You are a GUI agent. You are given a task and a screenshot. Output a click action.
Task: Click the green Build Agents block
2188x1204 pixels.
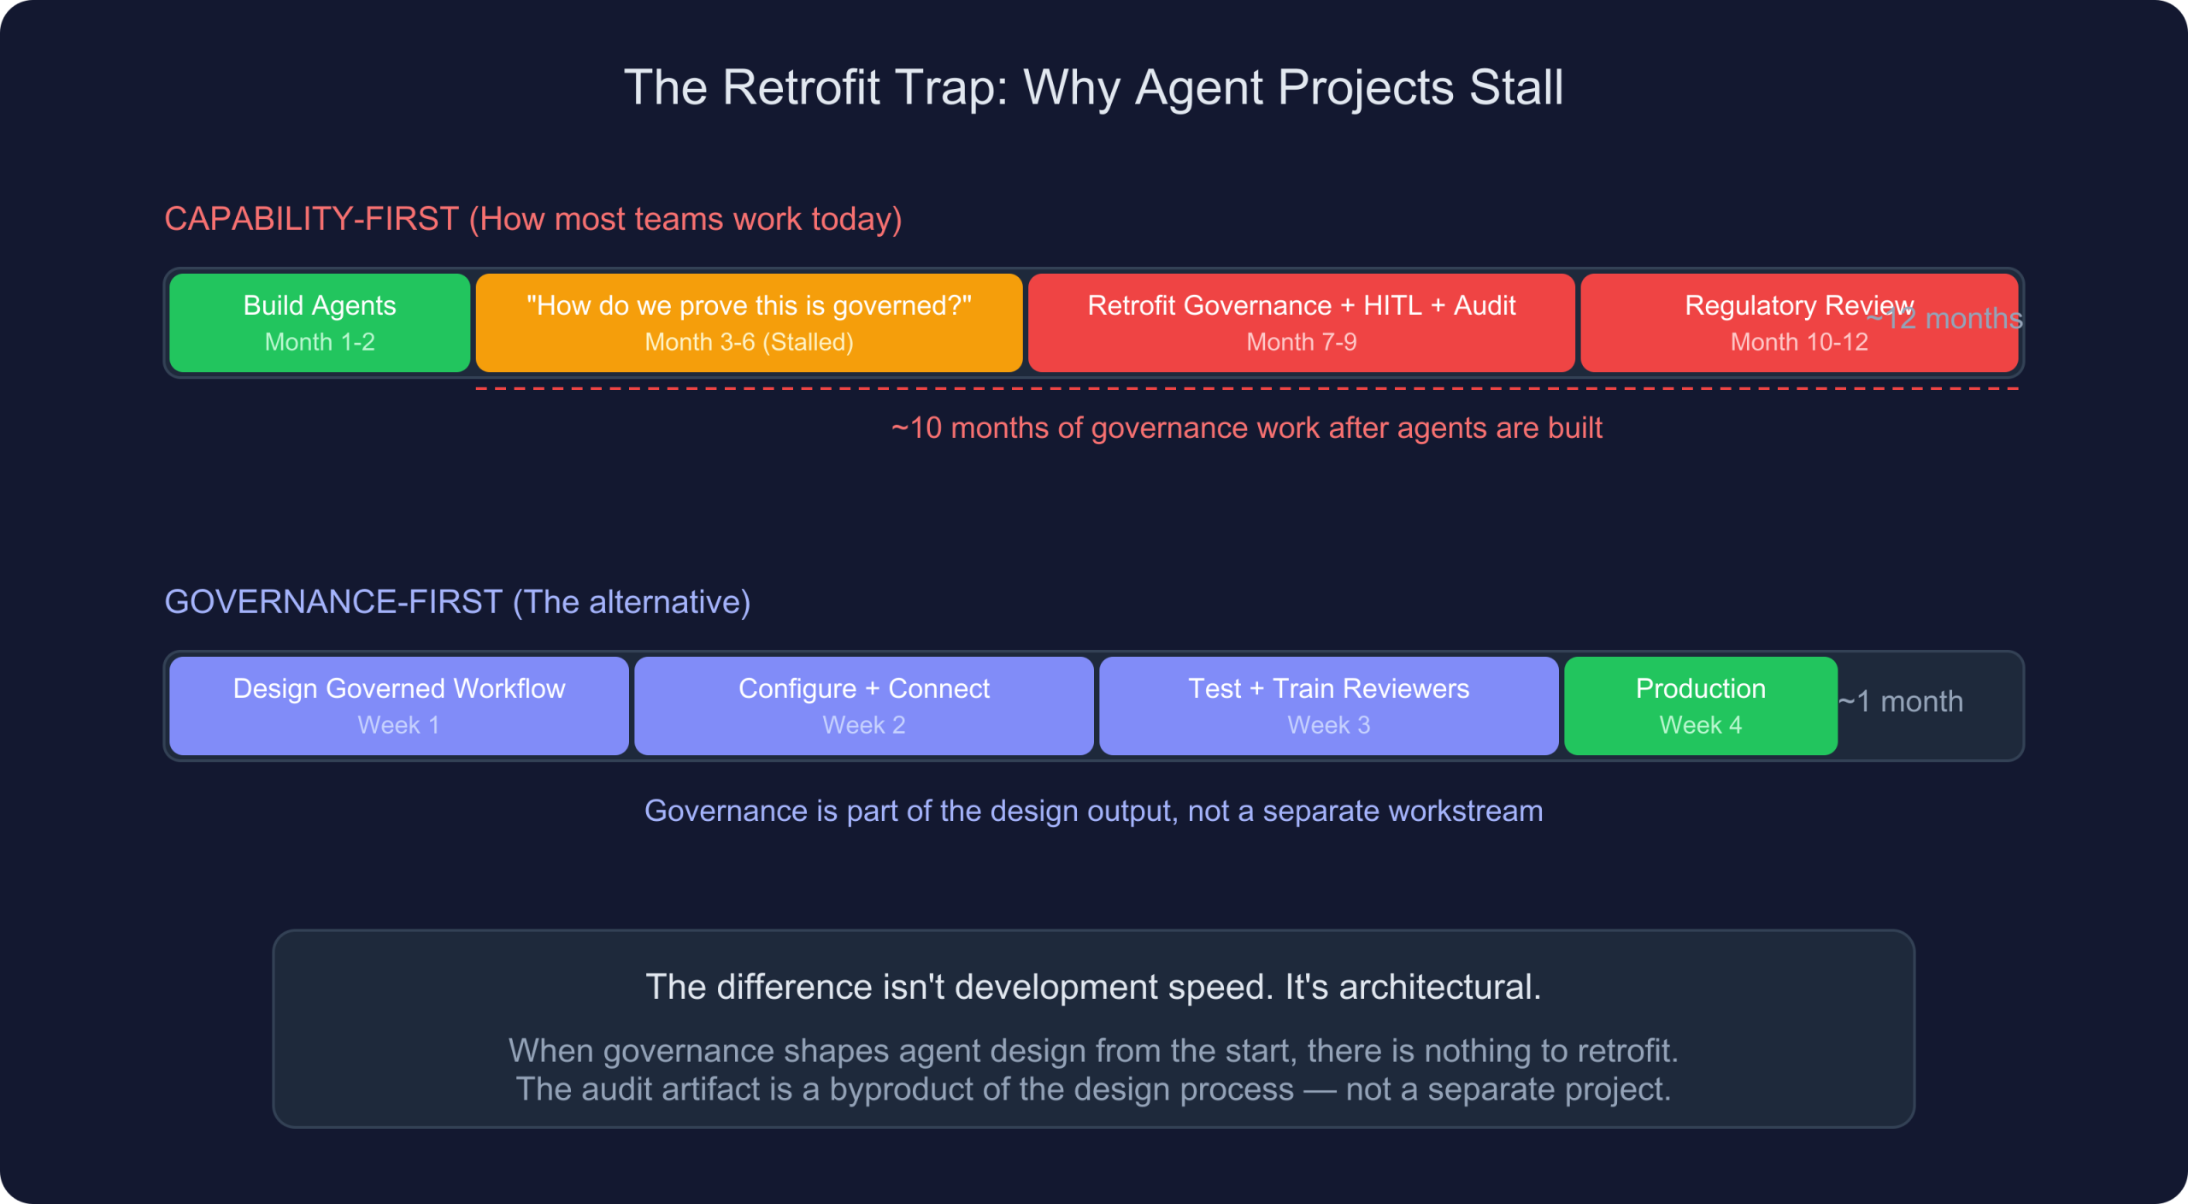320,322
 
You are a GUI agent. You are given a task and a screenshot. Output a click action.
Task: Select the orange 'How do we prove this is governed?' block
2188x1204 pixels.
749,322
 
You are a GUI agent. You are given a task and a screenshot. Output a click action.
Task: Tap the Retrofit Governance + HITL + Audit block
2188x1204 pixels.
1301,322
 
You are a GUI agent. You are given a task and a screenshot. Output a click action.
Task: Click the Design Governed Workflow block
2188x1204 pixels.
399,705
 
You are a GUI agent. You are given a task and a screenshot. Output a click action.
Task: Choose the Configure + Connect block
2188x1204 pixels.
863,705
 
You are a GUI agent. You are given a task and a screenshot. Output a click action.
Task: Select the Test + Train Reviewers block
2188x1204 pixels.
1328,705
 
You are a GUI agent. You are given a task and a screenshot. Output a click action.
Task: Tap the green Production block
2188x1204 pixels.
1700,705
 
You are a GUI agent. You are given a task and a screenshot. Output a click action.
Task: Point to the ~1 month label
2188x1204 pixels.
1901,702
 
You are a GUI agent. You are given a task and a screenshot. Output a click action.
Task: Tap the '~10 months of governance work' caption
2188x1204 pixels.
1246,428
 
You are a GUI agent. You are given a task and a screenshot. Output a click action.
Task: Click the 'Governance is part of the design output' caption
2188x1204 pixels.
1093,812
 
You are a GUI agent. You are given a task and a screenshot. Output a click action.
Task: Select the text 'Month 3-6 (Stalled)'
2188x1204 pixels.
749,343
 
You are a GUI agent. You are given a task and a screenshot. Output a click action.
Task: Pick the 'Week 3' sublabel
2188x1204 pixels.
1328,726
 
